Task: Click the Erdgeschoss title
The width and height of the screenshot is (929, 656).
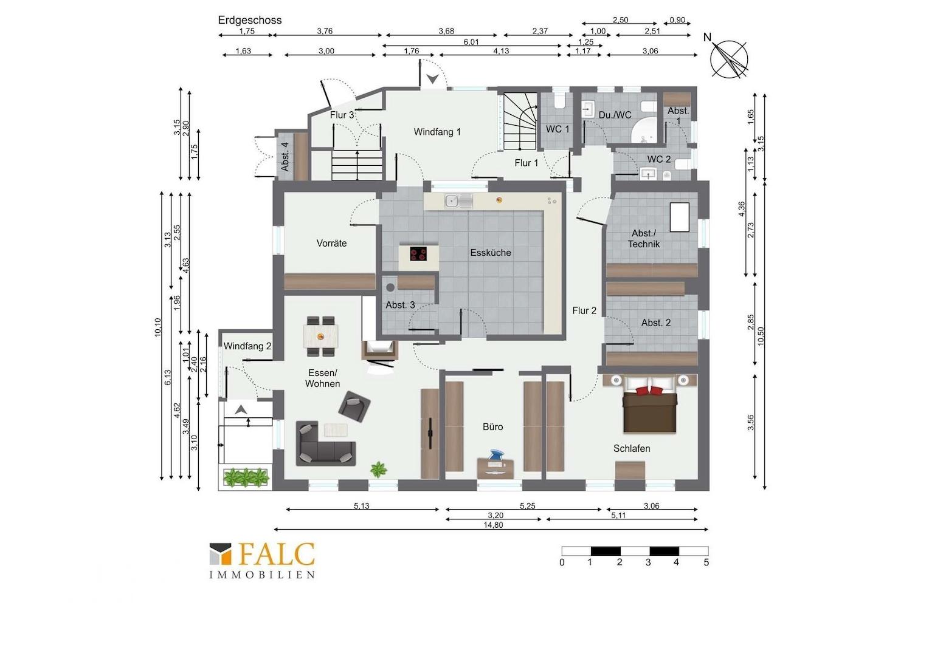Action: (250, 20)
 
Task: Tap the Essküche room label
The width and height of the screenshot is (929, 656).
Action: (491, 252)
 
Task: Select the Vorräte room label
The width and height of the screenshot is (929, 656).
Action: (331, 243)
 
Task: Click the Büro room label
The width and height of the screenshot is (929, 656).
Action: (492, 426)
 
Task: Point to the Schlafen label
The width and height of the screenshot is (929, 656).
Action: (632, 448)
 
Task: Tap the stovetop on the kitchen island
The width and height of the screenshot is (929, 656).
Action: (418, 254)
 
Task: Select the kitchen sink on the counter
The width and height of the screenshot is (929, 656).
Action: (458, 202)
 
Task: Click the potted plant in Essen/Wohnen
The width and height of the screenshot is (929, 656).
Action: (379, 470)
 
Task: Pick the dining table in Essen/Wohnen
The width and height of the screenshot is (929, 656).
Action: (320, 336)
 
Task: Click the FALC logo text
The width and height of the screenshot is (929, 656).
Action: (277, 555)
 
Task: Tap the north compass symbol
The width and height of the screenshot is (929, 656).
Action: (729, 58)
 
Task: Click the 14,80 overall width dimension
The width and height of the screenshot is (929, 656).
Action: (493, 525)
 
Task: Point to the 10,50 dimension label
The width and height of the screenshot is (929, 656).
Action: (760, 336)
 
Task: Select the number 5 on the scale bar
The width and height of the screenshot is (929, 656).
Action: (706, 562)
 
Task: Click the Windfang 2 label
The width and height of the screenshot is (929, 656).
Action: (247, 346)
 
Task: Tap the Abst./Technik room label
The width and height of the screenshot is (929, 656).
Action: (644, 239)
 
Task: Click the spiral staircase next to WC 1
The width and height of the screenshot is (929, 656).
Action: (520, 121)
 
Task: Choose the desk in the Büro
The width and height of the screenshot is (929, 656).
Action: (495, 468)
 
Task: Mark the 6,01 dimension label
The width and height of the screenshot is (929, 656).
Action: (471, 42)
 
